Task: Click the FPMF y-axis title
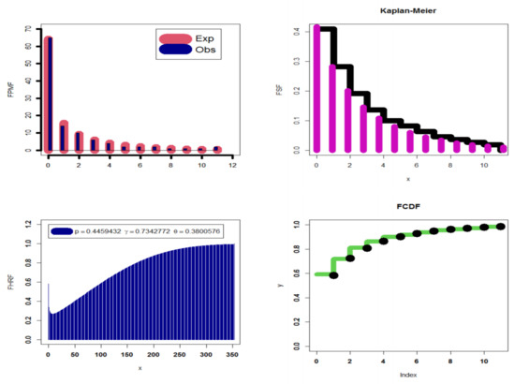(8, 89)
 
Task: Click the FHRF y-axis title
(8, 281)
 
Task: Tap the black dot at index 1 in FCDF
(334, 274)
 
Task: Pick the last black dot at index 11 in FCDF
(500, 227)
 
